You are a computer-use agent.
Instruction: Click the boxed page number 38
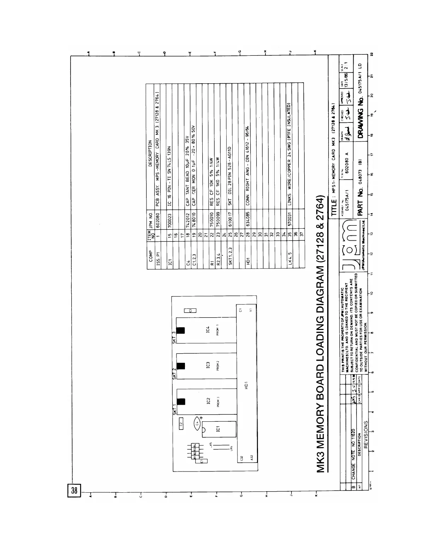click(74, 491)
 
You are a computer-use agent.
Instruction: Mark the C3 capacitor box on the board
click(190, 310)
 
